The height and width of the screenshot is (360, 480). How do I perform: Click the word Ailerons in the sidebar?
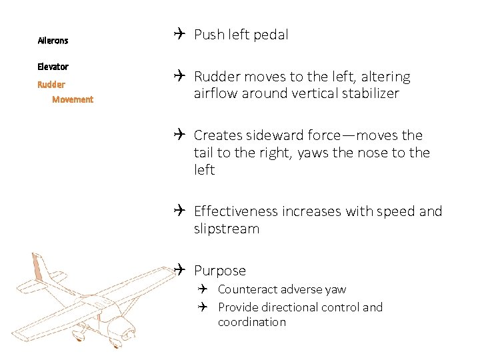click(x=53, y=41)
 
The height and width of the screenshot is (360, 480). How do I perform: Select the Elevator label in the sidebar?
click(x=53, y=67)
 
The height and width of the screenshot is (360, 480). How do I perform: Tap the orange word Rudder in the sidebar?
click(x=51, y=85)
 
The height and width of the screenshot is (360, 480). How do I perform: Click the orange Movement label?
click(x=73, y=99)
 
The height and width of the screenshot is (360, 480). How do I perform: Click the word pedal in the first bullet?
click(x=271, y=35)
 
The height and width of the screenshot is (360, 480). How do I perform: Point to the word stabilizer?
click(x=368, y=93)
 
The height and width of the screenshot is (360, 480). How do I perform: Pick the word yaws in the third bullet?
click(x=313, y=153)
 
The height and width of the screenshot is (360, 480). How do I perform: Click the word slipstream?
click(x=227, y=229)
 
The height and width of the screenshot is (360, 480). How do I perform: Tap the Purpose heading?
click(x=220, y=271)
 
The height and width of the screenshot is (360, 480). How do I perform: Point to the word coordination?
click(x=252, y=322)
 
